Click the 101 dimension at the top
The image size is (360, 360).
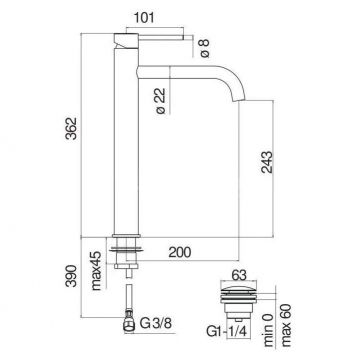pos(144,18)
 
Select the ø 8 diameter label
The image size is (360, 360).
pos(204,48)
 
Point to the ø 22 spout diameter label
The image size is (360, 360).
pos(161,101)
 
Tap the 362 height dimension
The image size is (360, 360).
pos(71,128)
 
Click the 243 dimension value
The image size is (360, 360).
pos(267,162)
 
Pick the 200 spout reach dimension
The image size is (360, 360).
pos(180,252)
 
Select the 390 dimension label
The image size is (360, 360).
pos(71,276)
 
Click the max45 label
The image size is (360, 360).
pos(96,270)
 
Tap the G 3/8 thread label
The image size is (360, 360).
pos(155,323)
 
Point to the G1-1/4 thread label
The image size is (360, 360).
pos(227,332)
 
